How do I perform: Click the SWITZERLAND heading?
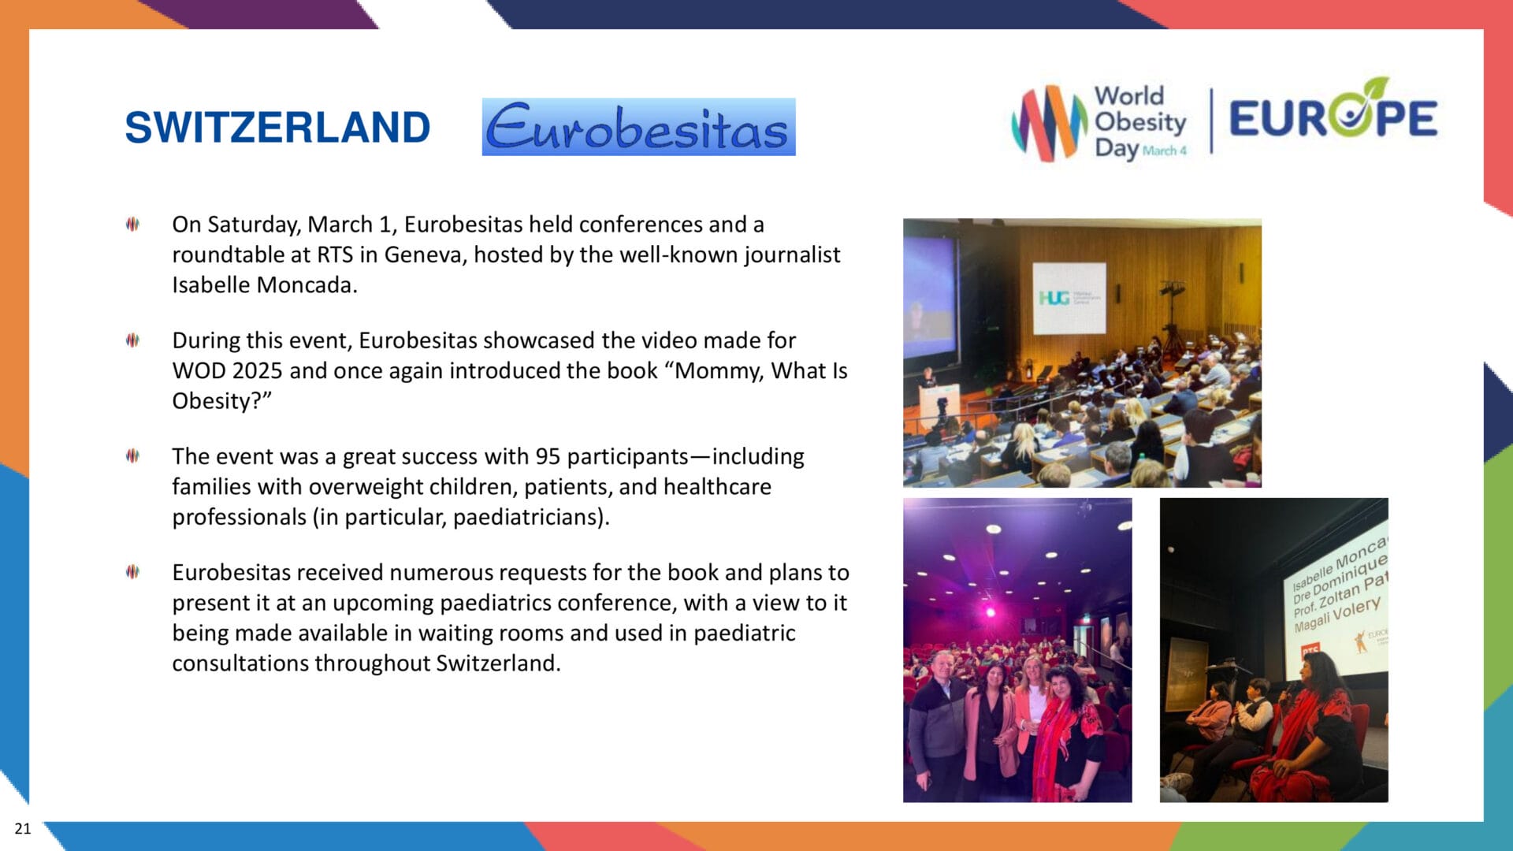(277, 128)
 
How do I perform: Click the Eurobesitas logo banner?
(638, 127)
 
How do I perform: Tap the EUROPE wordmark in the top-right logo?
(1333, 118)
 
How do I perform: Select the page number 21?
(23, 828)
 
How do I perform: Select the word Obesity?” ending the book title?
(221, 401)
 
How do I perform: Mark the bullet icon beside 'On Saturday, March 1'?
(132, 225)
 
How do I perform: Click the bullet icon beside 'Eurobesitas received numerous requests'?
(132, 572)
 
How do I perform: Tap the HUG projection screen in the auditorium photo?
(1069, 298)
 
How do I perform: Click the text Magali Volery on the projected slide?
(1336, 615)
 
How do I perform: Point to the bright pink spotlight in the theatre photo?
(991, 611)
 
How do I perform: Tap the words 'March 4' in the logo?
(1164, 151)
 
